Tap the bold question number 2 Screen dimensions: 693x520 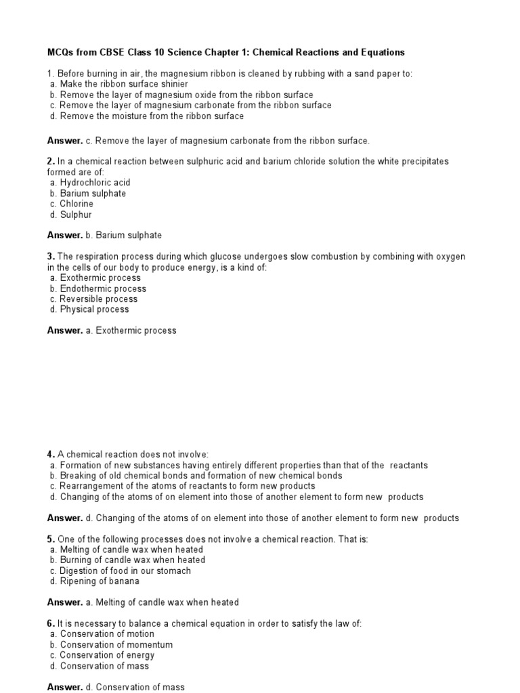(x=50, y=162)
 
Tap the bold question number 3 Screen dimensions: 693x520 (x=50, y=256)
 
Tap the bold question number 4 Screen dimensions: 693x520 (x=50, y=455)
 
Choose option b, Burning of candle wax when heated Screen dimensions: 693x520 (x=128, y=560)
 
